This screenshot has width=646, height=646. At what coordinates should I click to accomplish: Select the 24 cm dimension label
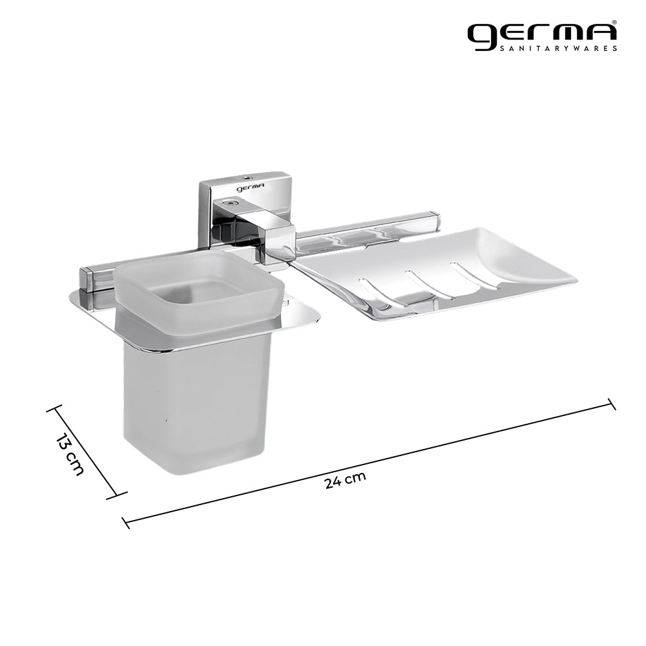point(345,481)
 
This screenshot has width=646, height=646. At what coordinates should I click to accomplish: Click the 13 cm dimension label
point(70,454)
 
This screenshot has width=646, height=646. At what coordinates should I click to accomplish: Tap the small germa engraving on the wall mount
point(246,188)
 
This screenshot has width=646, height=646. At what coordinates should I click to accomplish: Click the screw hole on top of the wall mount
point(247,176)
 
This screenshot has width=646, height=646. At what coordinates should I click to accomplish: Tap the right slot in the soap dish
point(471,272)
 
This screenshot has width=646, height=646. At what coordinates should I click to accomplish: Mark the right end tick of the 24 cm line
point(611,404)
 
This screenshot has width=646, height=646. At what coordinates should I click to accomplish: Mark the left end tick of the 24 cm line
point(126,521)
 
